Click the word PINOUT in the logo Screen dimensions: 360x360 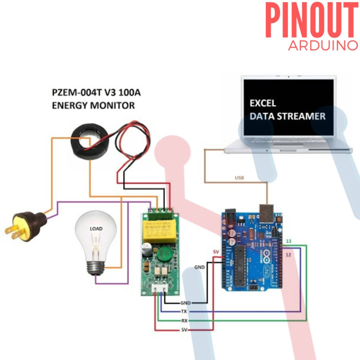tap(311, 21)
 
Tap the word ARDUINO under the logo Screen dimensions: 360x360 tap(323, 45)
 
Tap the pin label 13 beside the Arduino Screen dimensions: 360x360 tap(288, 241)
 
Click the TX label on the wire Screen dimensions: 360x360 tap(183, 311)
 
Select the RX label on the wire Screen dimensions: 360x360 tap(183, 320)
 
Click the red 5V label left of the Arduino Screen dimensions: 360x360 tap(216, 251)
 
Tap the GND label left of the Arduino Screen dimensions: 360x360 tap(199, 267)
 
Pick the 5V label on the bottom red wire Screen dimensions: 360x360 tap(183, 330)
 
